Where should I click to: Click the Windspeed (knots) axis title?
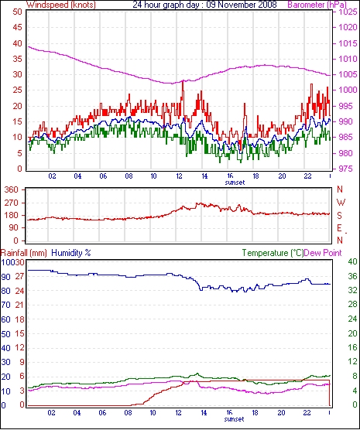coord(61,5)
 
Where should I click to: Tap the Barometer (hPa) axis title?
coord(317,5)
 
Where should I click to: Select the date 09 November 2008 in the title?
coord(241,5)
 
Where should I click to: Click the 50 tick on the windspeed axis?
coord(18,12)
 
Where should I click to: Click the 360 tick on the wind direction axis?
coord(12,189)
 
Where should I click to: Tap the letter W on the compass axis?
coord(341,203)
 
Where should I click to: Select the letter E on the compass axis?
coord(339,228)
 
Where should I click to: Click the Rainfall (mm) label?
coord(24,253)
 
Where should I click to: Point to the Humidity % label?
coord(71,253)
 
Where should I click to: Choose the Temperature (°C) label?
coord(273,253)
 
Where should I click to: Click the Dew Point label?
coord(323,253)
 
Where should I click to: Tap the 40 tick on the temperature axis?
coord(352,261)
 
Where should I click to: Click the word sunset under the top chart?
coord(235,183)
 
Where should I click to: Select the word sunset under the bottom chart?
coord(234,419)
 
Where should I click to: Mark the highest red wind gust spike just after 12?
coord(183,83)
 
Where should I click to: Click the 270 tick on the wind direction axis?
coord(12,203)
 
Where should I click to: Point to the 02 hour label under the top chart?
coord(52,176)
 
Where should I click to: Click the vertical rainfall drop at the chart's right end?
coord(329,393)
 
